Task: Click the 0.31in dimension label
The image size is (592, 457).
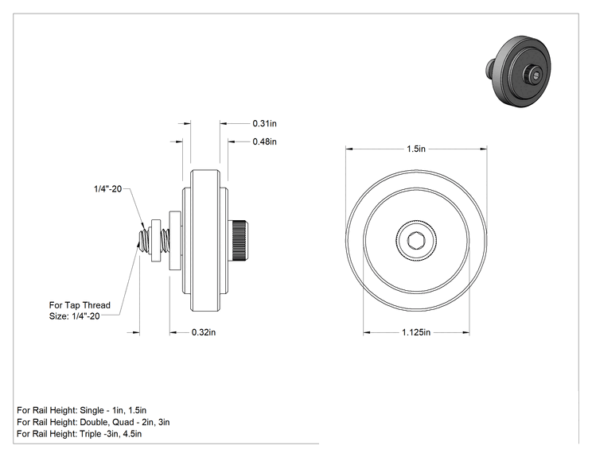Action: (264, 123)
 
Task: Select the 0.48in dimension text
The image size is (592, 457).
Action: (264, 141)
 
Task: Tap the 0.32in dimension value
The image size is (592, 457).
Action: (204, 332)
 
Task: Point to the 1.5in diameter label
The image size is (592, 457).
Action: (416, 149)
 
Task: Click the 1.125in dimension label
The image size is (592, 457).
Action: (416, 332)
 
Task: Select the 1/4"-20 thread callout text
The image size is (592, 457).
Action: (108, 188)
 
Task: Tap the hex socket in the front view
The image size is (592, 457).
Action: (416, 240)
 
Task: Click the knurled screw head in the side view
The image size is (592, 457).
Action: (238, 240)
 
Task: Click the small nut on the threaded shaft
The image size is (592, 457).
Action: (155, 240)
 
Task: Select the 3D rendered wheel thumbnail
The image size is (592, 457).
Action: (518, 72)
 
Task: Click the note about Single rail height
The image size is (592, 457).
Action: (81, 410)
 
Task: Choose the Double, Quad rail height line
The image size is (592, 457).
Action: (93, 422)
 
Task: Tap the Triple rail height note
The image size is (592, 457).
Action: (80, 434)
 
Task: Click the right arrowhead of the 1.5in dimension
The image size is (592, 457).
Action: (483, 149)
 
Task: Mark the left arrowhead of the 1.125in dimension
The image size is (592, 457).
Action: (367, 332)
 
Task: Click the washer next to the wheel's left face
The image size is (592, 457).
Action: (175, 240)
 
